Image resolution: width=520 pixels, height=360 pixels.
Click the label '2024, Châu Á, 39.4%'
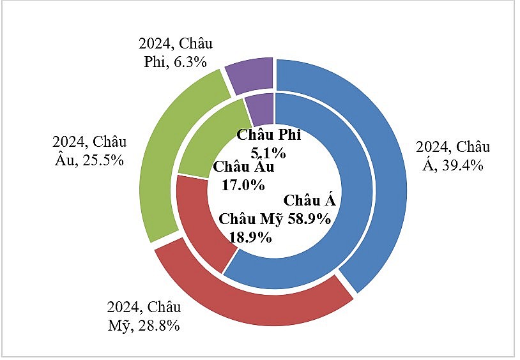452,156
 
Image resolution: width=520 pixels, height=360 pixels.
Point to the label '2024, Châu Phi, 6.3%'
175,54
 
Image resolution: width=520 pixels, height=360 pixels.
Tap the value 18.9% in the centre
250,237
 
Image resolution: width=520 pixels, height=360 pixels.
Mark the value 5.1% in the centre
268,153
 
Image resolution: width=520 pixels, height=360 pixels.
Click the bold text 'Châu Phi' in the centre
268,135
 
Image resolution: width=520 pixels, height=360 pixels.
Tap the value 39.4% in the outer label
461,165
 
